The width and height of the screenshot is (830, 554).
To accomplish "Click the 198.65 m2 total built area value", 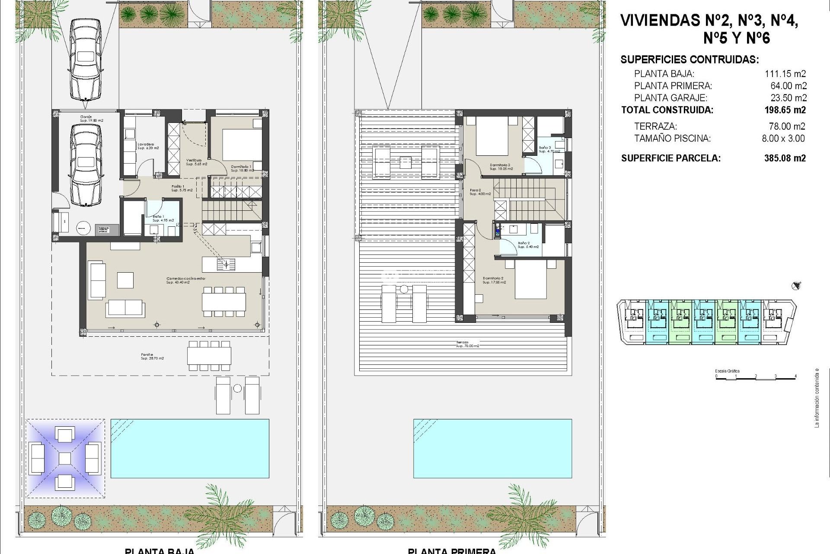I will [x=785, y=110].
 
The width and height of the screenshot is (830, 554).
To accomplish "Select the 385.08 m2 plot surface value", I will [x=785, y=158].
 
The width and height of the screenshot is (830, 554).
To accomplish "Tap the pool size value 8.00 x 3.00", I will [x=783, y=138].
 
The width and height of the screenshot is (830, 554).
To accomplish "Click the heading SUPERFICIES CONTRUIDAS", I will [x=689, y=60].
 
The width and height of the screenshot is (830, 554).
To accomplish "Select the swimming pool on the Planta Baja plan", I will [x=190, y=448].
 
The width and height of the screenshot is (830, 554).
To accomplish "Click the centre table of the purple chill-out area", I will [x=64, y=458].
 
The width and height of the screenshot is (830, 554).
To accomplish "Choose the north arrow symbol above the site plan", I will [x=796, y=286].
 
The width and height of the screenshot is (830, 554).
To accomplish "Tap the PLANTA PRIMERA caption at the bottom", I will [x=452, y=551].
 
